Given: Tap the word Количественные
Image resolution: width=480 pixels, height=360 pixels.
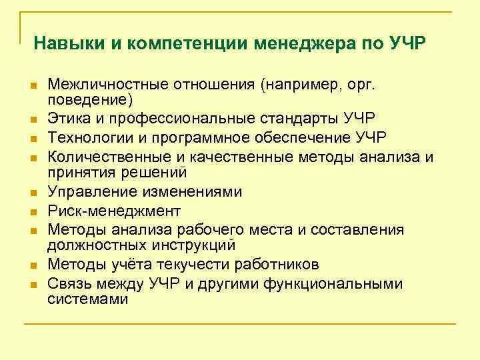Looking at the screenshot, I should (107, 157).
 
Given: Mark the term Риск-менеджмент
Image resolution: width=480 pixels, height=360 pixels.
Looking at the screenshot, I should (114, 211).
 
